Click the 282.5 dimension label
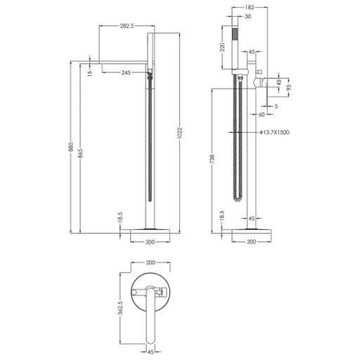[x=127, y=26]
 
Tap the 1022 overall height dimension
[x=180, y=134]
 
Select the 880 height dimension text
[x=71, y=147]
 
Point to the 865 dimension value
[x=80, y=153]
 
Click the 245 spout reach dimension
[x=126, y=72]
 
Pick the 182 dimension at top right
[x=250, y=8]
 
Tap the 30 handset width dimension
[x=247, y=16]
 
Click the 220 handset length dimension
[x=223, y=47]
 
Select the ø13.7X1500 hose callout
[x=274, y=132]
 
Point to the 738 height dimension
[x=212, y=159]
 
